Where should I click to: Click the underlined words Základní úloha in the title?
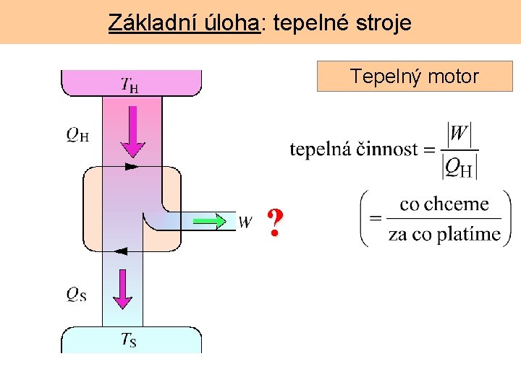(184, 23)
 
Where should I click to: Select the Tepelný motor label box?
(414, 76)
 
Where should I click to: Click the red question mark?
(274, 223)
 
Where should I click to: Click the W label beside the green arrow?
(245, 222)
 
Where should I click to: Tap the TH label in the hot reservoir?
(130, 85)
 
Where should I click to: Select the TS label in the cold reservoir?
(129, 339)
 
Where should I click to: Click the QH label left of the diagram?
(77, 134)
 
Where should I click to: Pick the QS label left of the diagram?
(76, 294)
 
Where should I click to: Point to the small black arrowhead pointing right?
(130, 166)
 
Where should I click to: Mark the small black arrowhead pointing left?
(121, 251)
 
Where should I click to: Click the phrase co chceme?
(444, 204)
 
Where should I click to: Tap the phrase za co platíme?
(444, 234)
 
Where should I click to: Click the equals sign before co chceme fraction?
(376, 219)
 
